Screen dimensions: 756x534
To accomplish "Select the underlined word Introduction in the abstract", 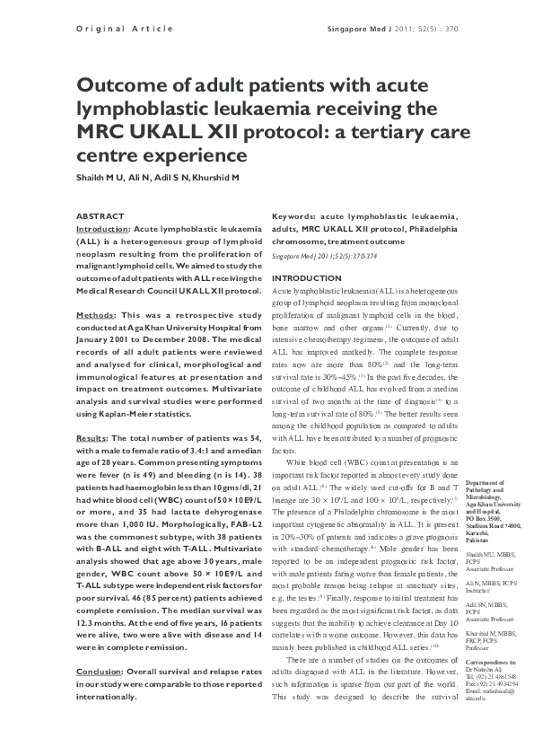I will pyautogui.click(x=102, y=230).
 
